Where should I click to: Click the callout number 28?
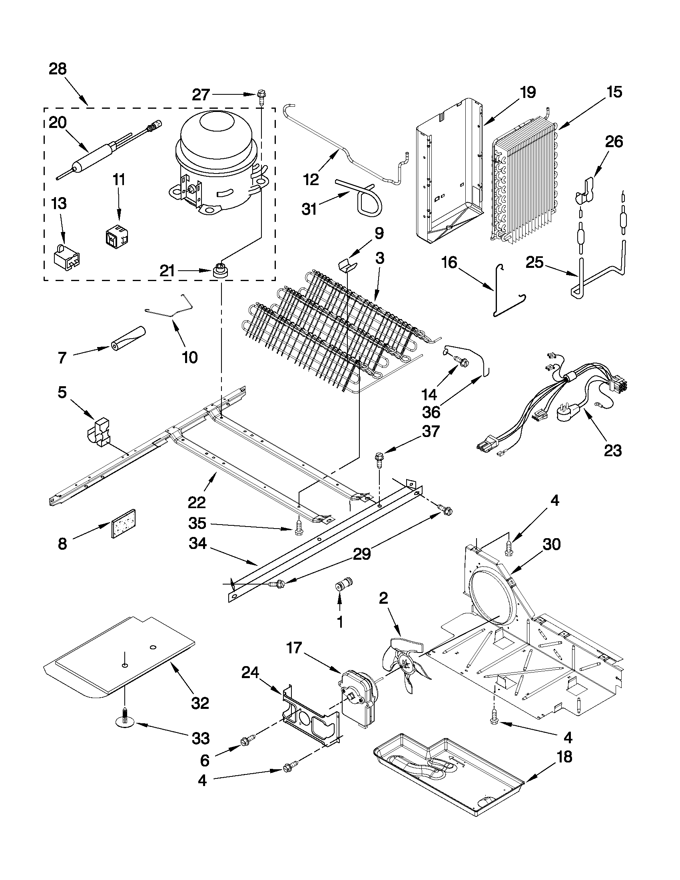[x=58, y=69]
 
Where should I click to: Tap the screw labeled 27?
[x=261, y=96]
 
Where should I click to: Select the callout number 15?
[x=614, y=92]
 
